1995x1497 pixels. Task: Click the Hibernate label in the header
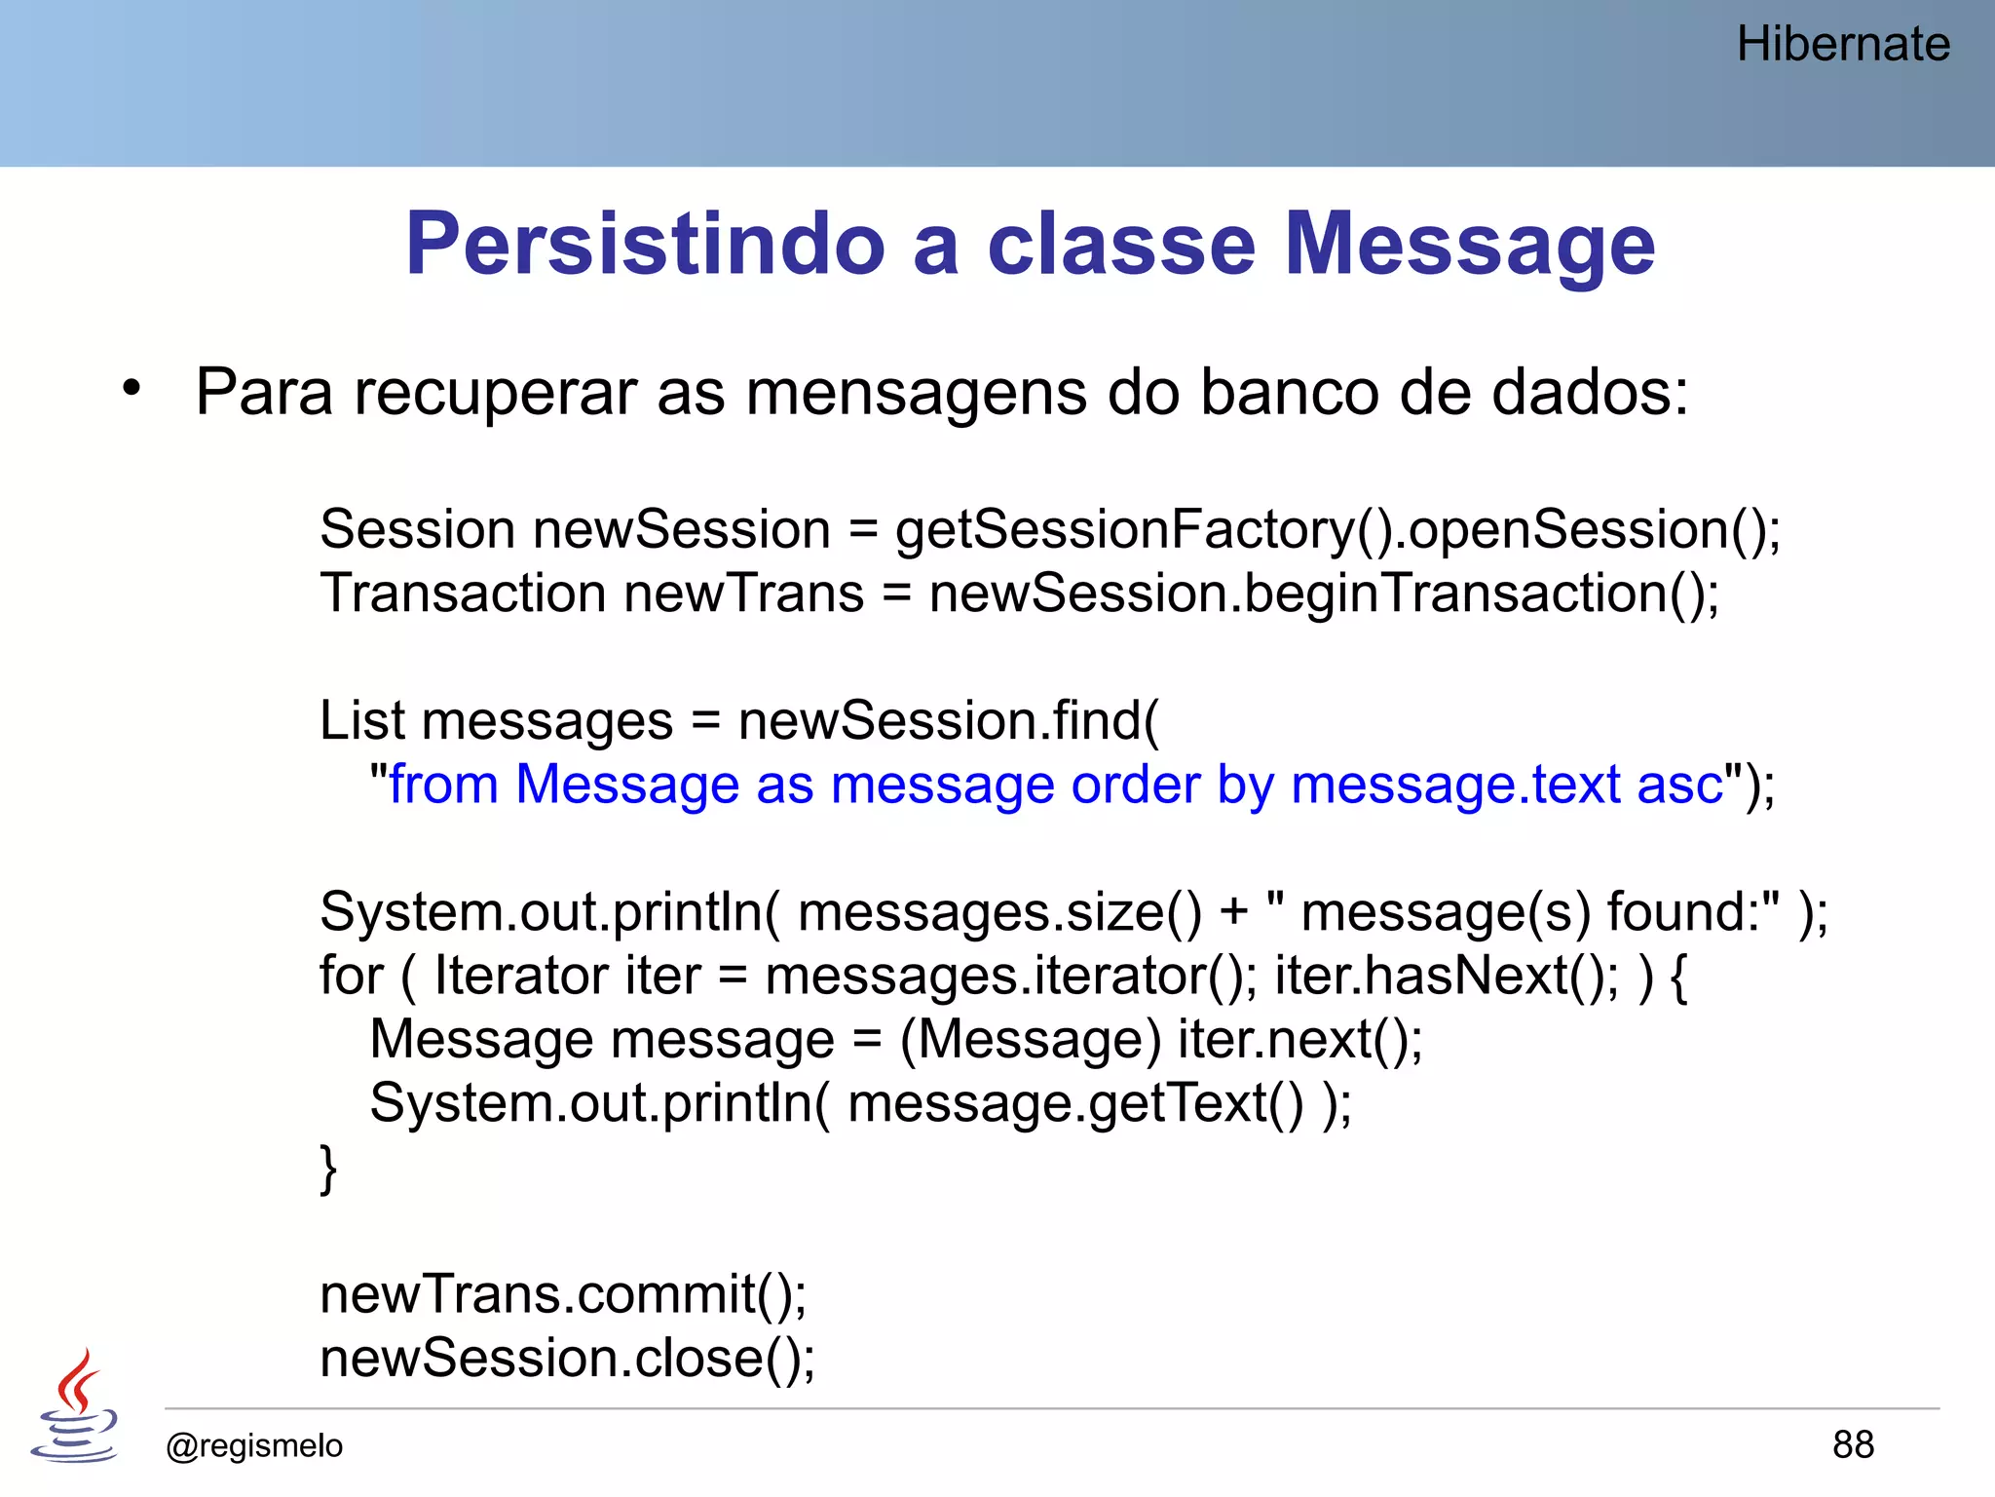pyautogui.click(x=1842, y=45)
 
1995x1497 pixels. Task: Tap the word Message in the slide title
pyautogui.click(x=1469, y=244)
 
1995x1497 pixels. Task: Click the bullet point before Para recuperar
pyautogui.click(x=132, y=389)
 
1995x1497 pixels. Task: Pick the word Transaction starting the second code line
pyautogui.click(x=463, y=594)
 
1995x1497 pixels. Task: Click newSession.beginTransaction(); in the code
pyautogui.click(x=1324, y=594)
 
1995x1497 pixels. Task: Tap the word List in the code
pyautogui.click(x=361, y=721)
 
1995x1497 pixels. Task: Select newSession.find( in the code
pyautogui.click(x=948, y=721)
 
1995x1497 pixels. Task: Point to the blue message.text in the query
pyautogui.click(x=1455, y=785)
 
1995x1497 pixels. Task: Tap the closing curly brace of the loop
pyautogui.click(x=328, y=1168)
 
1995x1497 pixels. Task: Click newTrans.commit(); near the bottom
pyautogui.click(x=563, y=1295)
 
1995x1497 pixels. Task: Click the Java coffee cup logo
pyautogui.click(x=75, y=1405)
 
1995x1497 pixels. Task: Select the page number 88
pyautogui.click(x=1852, y=1444)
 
